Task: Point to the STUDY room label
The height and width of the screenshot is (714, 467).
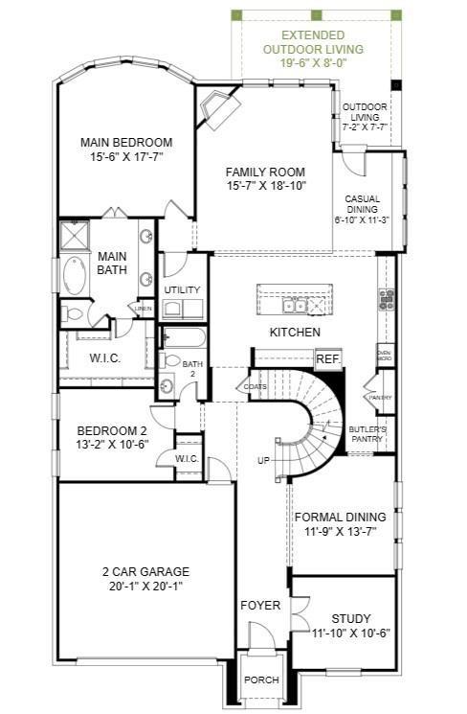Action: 350,619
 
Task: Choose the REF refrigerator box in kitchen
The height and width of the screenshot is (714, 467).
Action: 328,357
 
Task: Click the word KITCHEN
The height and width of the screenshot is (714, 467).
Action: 294,332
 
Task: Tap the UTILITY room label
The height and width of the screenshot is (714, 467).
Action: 181,289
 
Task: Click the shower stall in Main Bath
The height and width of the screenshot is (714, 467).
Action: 75,236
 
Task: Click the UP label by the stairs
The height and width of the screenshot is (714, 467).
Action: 263,461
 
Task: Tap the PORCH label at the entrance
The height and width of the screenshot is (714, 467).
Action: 261,679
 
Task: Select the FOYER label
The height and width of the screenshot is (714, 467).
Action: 260,606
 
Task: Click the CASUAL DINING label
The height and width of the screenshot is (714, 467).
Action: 363,208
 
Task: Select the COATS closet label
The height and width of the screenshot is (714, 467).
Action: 255,386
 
